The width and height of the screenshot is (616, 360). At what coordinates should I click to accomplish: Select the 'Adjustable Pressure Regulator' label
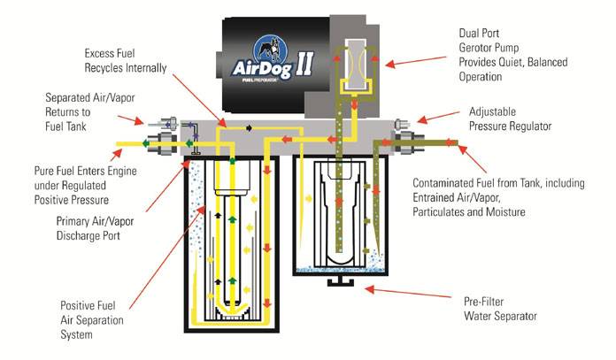pos(512,119)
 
